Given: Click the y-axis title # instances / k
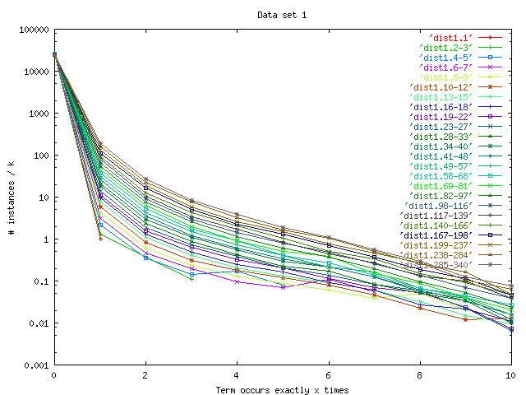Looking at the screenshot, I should tap(11, 197).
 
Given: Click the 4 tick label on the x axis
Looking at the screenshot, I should tap(237, 375).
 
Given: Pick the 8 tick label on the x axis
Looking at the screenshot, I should tap(419, 375).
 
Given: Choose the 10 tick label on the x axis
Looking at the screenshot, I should tap(510, 375).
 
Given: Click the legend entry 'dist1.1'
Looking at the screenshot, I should tap(451, 37).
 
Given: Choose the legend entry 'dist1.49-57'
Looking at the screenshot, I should tap(442, 165).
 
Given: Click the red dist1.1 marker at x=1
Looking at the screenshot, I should tap(100, 238).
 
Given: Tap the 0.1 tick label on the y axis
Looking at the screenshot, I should tap(39, 281).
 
